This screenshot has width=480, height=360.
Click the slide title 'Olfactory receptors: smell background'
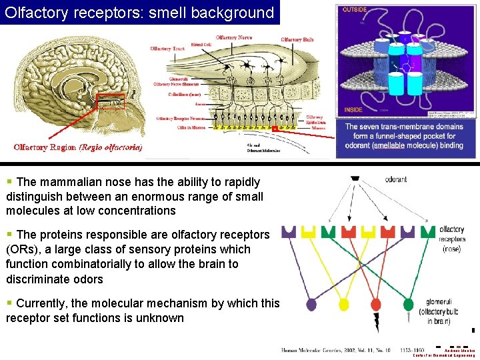(139, 13)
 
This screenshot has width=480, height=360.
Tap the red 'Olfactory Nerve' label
(237, 38)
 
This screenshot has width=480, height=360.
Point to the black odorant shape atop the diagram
(355, 179)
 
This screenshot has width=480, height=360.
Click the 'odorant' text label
(396, 179)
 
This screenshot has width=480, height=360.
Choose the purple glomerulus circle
(311, 305)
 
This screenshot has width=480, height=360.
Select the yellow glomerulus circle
(344, 305)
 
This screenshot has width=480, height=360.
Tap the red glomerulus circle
(376, 305)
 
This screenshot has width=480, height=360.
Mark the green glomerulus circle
(408, 305)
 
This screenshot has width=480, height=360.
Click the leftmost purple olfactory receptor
(289, 232)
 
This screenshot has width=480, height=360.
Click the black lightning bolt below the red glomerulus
(377, 323)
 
